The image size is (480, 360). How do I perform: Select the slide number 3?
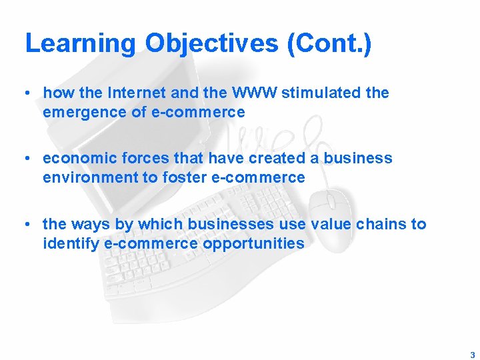click(x=472, y=355)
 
